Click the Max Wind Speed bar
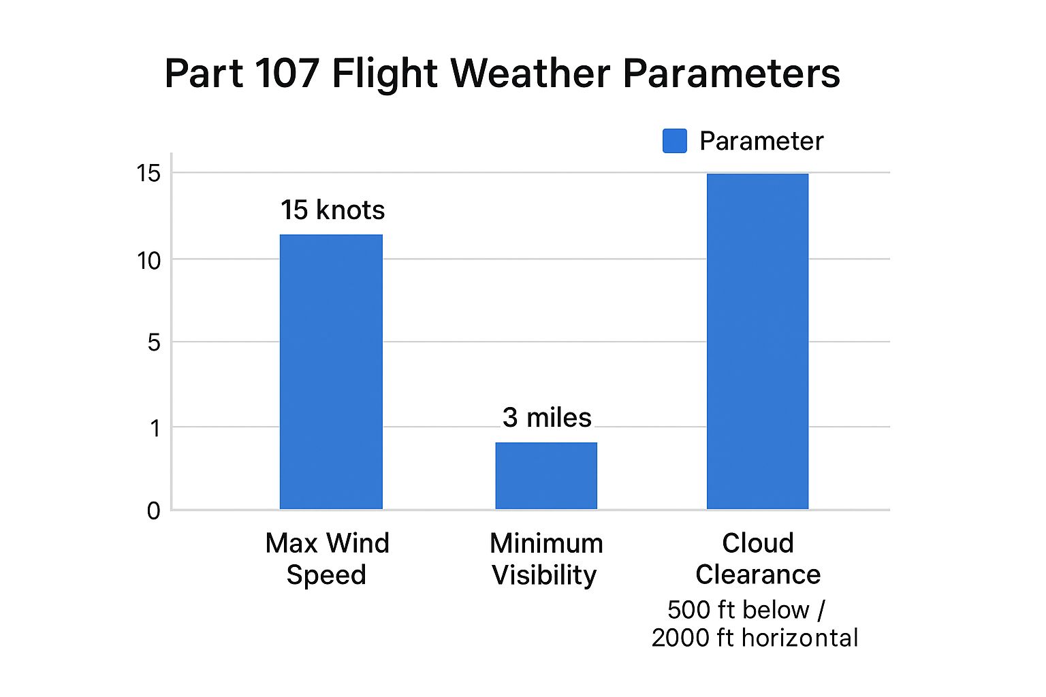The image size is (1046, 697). click(x=331, y=372)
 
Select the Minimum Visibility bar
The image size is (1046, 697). click(x=546, y=476)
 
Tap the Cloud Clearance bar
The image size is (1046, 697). click(x=757, y=341)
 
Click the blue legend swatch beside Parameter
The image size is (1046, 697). click(x=675, y=141)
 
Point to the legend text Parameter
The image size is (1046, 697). click(x=761, y=141)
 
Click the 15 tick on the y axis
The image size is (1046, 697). click(x=148, y=174)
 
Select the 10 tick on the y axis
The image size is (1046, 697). click(x=148, y=261)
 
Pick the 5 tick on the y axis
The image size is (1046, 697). click(x=154, y=343)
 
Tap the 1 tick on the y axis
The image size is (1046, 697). click(x=155, y=429)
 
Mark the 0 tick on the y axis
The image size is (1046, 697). click(x=154, y=511)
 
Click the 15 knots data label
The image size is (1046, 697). click(x=332, y=210)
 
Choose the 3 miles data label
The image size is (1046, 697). click(x=547, y=417)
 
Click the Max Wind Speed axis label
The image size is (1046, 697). click(x=327, y=558)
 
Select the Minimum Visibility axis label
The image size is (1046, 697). click(x=546, y=559)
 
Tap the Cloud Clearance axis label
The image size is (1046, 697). click(x=758, y=558)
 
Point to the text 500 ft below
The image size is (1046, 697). click(x=738, y=610)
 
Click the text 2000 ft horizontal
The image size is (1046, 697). click(x=755, y=638)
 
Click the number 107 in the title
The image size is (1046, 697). click(x=287, y=74)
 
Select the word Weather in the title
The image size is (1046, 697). click(x=530, y=74)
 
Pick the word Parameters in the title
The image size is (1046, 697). click(x=732, y=74)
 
